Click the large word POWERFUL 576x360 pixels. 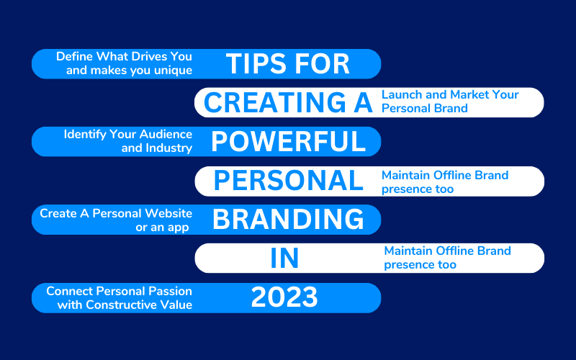(289, 141)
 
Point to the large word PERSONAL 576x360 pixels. (289, 181)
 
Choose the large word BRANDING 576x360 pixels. (289, 220)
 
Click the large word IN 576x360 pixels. (284, 258)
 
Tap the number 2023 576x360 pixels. (284, 297)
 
